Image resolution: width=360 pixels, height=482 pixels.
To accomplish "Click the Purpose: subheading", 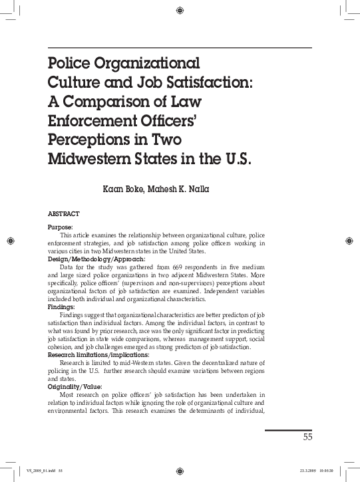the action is click(62, 227).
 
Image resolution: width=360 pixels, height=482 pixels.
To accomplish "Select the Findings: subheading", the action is click(62, 308).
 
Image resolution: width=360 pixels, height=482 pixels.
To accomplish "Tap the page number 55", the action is click(307, 437).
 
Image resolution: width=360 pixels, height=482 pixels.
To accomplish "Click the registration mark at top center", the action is click(180, 9).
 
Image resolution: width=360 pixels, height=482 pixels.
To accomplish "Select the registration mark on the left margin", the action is click(9, 239).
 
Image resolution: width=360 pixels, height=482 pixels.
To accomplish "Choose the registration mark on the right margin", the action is click(351, 239).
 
